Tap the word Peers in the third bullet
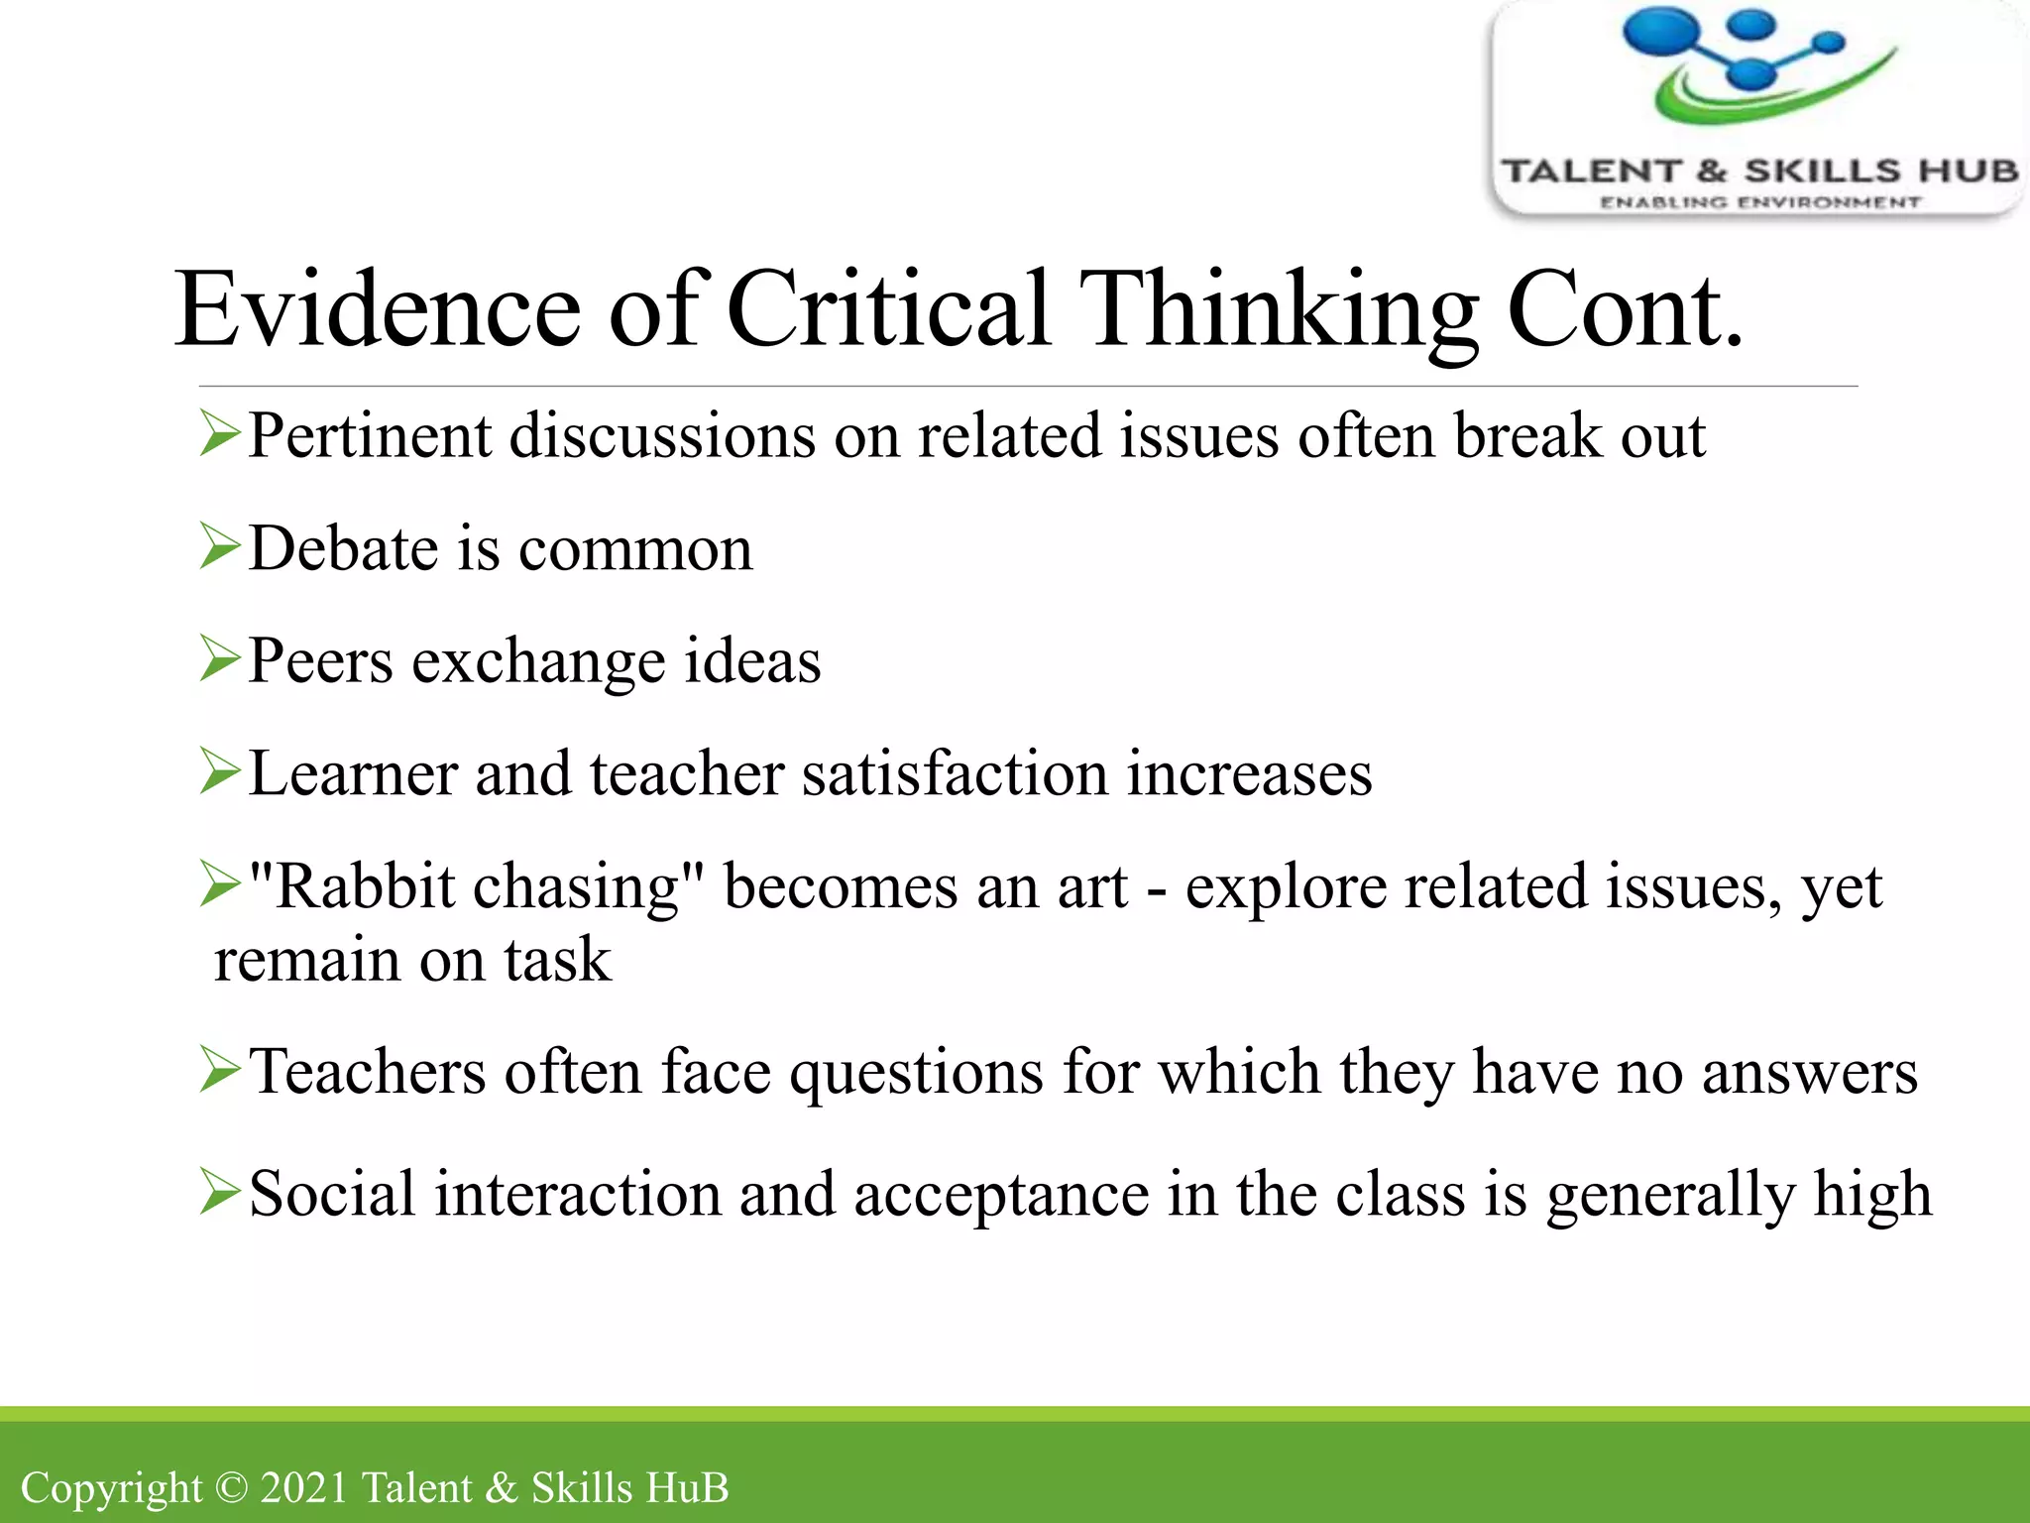click(319, 660)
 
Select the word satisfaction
click(955, 773)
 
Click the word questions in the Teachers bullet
click(916, 1073)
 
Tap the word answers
click(1809, 1073)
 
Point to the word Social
click(332, 1194)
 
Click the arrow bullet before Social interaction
click(219, 1192)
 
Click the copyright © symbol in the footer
click(231, 1487)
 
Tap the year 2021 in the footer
click(303, 1487)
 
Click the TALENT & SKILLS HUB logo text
click(1759, 172)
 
